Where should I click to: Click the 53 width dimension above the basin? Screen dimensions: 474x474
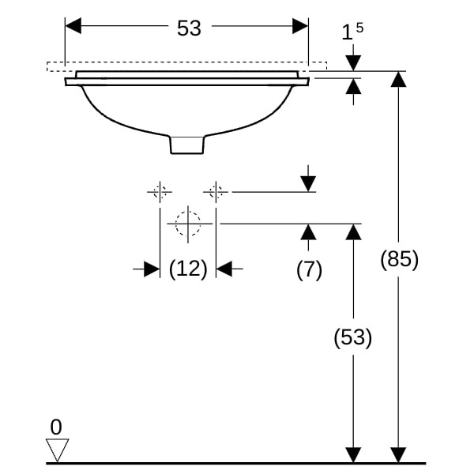coord(189,28)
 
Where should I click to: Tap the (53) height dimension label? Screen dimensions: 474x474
coord(352,337)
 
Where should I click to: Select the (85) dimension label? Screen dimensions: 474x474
coord(399,259)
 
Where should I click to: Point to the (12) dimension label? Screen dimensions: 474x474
coord(188,269)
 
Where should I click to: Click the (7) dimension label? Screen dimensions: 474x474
coord(309,269)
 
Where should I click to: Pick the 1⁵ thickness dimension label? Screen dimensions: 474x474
coord(352,32)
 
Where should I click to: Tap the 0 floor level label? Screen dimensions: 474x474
coord(55,427)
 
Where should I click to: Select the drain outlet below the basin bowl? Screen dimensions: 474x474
coord(187,145)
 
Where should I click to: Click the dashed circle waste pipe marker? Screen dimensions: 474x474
coord(188,224)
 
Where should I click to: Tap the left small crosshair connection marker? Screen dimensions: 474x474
coord(160,191)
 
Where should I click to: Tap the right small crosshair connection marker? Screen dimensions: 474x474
coord(216,191)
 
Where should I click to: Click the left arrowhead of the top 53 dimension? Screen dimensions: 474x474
coord(73,26)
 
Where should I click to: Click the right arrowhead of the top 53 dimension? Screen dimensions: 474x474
coord(300,26)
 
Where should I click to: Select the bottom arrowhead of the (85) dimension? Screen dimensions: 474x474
coord(399,454)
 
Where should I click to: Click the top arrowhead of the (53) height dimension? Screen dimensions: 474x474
coord(353,231)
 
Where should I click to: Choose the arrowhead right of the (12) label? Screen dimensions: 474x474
coord(224,269)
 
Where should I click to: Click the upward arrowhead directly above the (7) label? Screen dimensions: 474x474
coord(309,231)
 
